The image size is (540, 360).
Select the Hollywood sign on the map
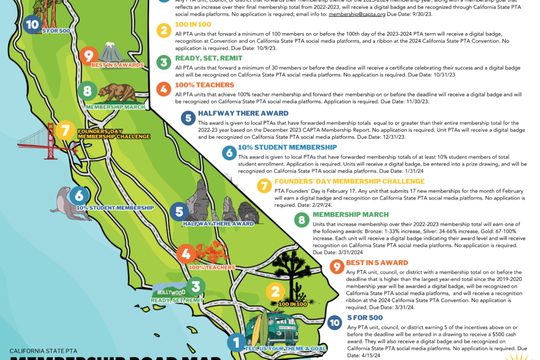click(171, 291)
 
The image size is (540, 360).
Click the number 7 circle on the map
click(65, 131)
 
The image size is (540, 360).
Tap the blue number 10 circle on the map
click(33, 24)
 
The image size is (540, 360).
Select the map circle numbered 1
click(235, 342)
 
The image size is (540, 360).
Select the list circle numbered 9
click(336, 267)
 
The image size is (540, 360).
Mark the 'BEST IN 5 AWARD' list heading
click(377, 262)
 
